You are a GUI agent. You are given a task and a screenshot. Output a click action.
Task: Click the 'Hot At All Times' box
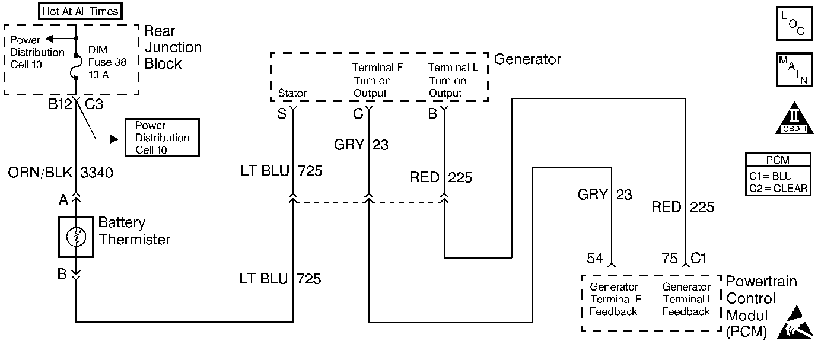[80, 11]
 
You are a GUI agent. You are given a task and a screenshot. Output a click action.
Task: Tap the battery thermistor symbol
[76, 237]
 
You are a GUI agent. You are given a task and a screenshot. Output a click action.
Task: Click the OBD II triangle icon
[794, 118]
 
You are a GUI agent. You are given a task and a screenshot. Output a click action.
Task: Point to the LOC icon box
[794, 23]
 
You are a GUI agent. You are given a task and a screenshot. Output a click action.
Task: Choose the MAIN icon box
[794, 70]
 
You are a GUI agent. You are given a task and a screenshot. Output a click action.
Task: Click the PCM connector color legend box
[778, 174]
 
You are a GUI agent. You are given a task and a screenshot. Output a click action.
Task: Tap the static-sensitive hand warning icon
[795, 323]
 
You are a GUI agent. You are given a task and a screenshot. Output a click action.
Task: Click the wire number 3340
[97, 173]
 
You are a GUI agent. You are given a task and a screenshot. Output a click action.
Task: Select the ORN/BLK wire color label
[40, 173]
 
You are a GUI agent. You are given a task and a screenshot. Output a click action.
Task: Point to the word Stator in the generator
[292, 93]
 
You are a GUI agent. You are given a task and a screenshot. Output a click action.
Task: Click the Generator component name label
[527, 59]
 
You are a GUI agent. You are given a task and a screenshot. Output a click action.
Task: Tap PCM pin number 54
[594, 259]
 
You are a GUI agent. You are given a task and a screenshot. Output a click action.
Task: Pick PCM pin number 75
[669, 259]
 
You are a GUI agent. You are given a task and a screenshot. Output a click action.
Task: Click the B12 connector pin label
[61, 104]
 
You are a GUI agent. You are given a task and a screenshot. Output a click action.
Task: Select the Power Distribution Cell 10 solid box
[163, 138]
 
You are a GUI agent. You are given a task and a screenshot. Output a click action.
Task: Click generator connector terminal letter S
[282, 114]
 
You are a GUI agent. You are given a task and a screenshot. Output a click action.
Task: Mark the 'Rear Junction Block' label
[173, 47]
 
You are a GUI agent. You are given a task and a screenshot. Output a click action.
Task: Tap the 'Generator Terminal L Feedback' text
[686, 299]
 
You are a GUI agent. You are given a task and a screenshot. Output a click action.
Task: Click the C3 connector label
[94, 104]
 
